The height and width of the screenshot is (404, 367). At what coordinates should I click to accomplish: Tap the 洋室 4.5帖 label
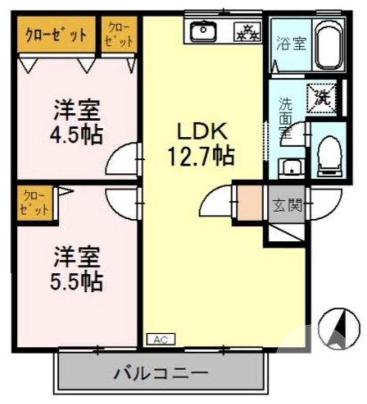[x=77, y=122]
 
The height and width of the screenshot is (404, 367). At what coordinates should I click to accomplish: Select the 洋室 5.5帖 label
[x=77, y=268]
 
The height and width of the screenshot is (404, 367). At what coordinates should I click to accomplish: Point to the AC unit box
[x=161, y=339]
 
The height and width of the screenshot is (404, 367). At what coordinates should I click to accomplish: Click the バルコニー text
[x=161, y=375]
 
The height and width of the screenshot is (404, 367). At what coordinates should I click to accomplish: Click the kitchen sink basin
[x=204, y=32]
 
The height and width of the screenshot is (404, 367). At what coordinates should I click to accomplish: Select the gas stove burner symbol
[x=246, y=32]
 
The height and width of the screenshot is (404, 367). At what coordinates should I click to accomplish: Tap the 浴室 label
[x=291, y=44]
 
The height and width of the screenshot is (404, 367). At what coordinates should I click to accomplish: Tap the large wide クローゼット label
[x=56, y=35]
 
